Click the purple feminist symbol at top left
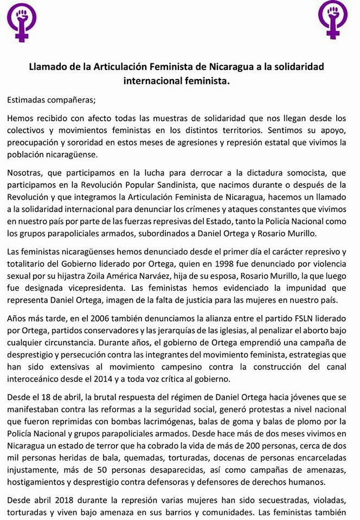21,21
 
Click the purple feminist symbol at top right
333,19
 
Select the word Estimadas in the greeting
28,99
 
